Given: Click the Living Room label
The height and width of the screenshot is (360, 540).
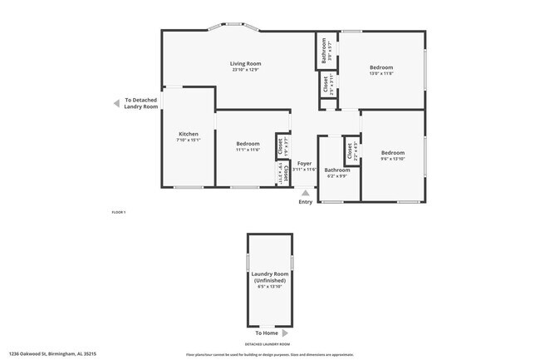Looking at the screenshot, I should pos(246,63).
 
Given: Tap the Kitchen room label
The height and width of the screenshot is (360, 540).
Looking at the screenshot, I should pos(189,134).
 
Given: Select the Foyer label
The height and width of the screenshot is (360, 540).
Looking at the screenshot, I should pos(305,163).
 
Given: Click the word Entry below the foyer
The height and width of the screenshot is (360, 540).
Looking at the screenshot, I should pos(306,201).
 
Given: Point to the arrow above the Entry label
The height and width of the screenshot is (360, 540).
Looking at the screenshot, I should pos(306,193).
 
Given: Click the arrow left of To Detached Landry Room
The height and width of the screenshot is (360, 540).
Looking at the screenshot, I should pos(115,103).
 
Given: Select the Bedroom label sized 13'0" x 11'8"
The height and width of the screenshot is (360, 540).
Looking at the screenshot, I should pos(381,67).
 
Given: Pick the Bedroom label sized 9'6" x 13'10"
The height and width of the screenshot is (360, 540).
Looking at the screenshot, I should pos(392,153).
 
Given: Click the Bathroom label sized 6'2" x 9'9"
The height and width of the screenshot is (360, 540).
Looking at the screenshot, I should pos(337,170).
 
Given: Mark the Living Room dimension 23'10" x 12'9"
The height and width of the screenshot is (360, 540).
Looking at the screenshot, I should pos(246,70).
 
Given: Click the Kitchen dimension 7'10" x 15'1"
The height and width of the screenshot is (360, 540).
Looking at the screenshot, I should pos(189,141).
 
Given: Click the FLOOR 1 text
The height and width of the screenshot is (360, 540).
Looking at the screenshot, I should pos(118,213).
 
